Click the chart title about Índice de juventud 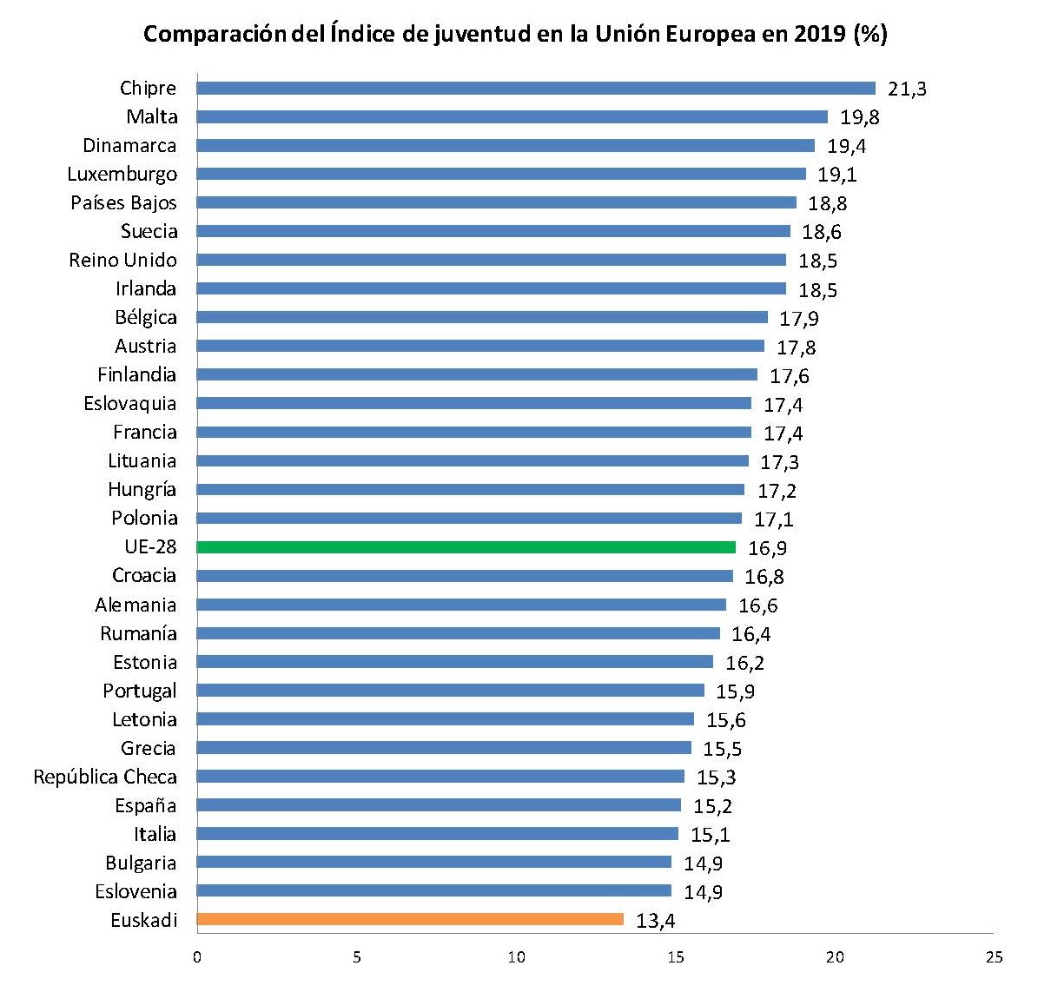coord(514,34)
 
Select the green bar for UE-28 coord(466,547)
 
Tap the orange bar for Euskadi coord(410,919)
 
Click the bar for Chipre coord(536,88)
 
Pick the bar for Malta coord(512,116)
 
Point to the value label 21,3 coord(907,89)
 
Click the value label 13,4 coord(655,921)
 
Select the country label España coord(145,805)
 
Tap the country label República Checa coord(105,777)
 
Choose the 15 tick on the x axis coord(676,957)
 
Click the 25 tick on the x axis coord(995,957)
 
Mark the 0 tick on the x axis coord(197,957)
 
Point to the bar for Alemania coord(461,605)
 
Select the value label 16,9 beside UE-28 coord(767,548)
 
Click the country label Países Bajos coord(123,202)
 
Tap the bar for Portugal coord(450,691)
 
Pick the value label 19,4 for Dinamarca coord(846,146)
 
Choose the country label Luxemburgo coord(122,174)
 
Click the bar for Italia coord(437,834)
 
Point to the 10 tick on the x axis coord(516,957)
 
